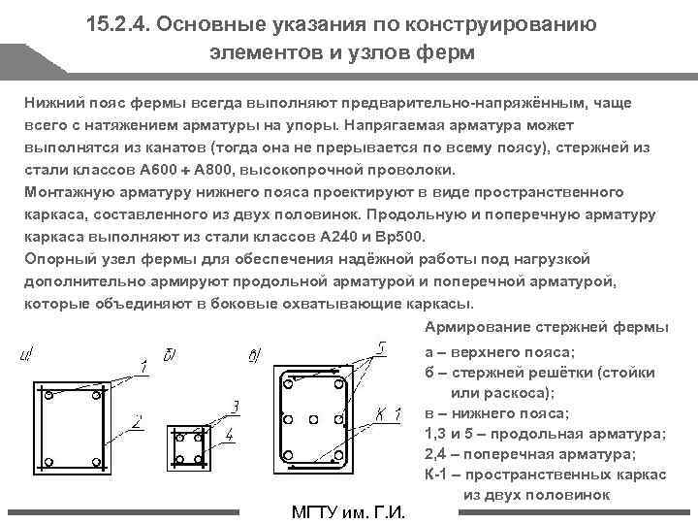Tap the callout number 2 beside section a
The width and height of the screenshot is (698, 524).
click(x=139, y=421)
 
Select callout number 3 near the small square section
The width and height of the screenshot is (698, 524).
click(x=235, y=406)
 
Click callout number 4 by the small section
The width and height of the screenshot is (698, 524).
click(x=229, y=436)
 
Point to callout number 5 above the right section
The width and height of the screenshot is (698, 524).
click(x=382, y=346)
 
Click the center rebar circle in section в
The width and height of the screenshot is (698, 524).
click(x=311, y=419)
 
